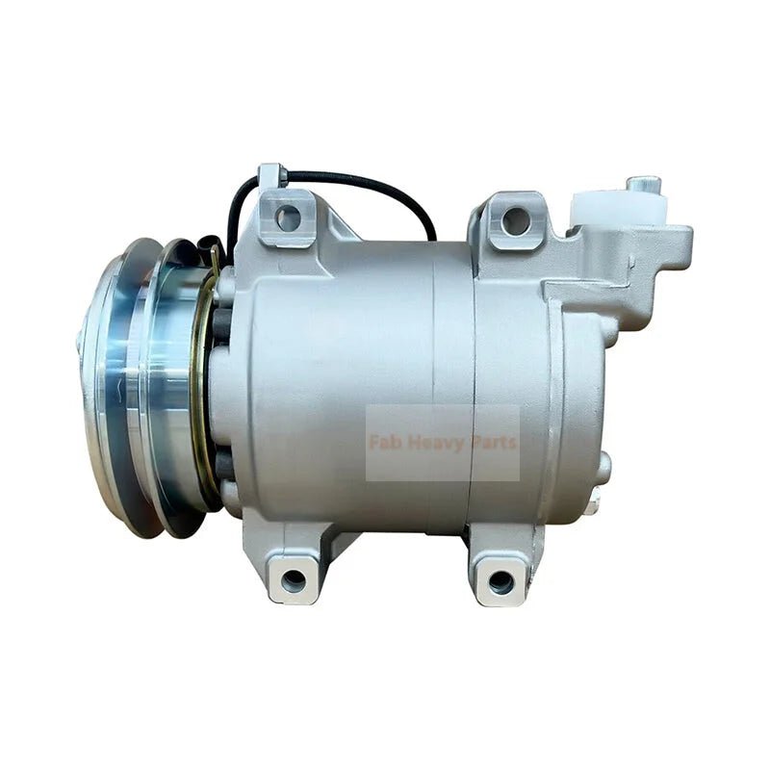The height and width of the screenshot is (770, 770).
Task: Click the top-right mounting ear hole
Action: pos(516,220)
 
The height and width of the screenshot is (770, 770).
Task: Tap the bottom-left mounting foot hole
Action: pos(294,580)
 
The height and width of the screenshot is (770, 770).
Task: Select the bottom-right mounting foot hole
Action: pos(500,581)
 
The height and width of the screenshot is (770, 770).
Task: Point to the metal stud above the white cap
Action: pos(642,183)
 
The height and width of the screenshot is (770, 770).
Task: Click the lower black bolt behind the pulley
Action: pos(223,472)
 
